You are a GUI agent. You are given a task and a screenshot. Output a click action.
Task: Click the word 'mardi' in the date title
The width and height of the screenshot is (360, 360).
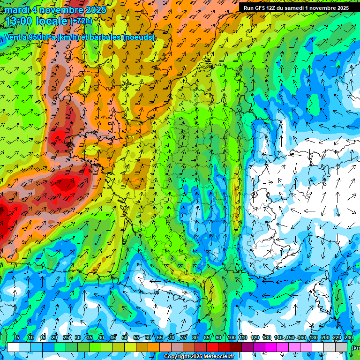pos(16,10)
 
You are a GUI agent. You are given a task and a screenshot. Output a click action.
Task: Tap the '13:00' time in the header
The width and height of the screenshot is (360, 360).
pos(20,21)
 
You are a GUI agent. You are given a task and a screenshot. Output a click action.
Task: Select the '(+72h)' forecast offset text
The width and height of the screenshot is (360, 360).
pos(82,22)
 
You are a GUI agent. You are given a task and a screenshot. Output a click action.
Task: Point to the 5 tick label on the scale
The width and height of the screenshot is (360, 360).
pos(18,337)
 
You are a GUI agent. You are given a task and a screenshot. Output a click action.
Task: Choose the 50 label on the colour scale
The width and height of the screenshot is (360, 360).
pos(125,337)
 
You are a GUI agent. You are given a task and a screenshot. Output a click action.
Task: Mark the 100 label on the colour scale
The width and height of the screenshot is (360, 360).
pos(231,337)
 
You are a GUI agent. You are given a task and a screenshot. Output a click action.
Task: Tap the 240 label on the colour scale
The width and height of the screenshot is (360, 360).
pos(349,337)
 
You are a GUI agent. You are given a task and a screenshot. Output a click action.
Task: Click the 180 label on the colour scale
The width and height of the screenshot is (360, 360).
pos(314,337)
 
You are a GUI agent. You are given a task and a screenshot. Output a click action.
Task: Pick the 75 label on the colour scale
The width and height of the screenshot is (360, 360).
pos(184,337)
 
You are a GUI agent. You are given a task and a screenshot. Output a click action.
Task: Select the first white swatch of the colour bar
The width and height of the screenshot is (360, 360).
pos(13,347)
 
